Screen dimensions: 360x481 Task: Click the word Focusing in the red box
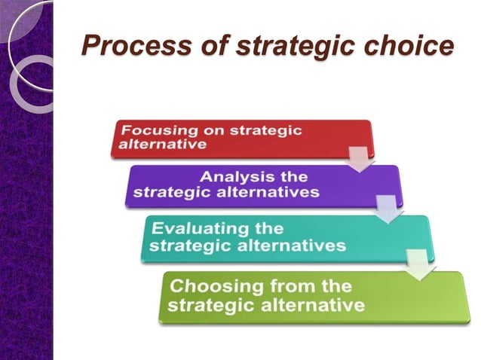(x=154, y=130)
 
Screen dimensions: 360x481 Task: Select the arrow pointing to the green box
(x=418, y=264)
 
